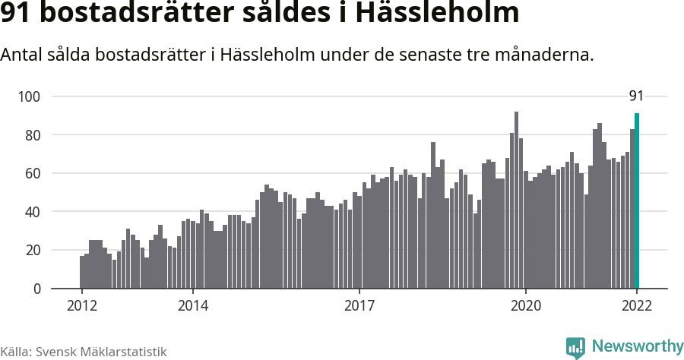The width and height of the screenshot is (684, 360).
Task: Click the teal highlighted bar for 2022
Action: pyautogui.click(x=637, y=201)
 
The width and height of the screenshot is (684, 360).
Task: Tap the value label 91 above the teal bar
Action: pyautogui.click(x=636, y=96)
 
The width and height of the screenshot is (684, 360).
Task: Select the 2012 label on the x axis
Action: pyautogui.click(x=81, y=307)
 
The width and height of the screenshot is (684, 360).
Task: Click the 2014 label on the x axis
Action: pyautogui.click(x=193, y=307)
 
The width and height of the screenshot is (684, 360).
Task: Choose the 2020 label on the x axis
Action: pyautogui.click(x=526, y=307)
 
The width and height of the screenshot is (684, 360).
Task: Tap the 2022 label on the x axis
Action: pyautogui.click(x=637, y=307)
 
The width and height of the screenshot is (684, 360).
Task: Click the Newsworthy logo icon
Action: pyautogui.click(x=575, y=348)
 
